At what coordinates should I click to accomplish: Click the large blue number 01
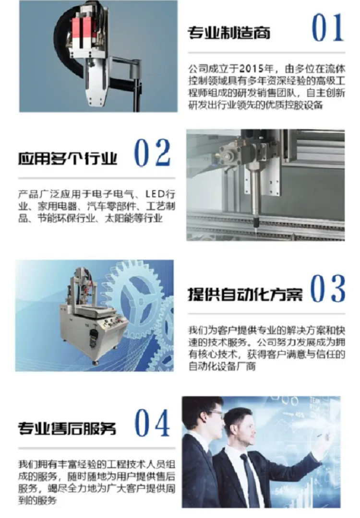[328, 28]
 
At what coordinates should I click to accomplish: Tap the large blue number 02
[152, 153]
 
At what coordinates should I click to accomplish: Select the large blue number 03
[328, 289]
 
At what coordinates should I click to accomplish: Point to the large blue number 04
[152, 423]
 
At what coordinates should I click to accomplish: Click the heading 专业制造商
[229, 33]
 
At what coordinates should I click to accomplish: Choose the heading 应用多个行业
[68, 158]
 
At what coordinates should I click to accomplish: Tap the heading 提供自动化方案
[245, 294]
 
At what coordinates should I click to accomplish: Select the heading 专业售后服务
[67, 428]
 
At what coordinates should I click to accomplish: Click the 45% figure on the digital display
[299, 414]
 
